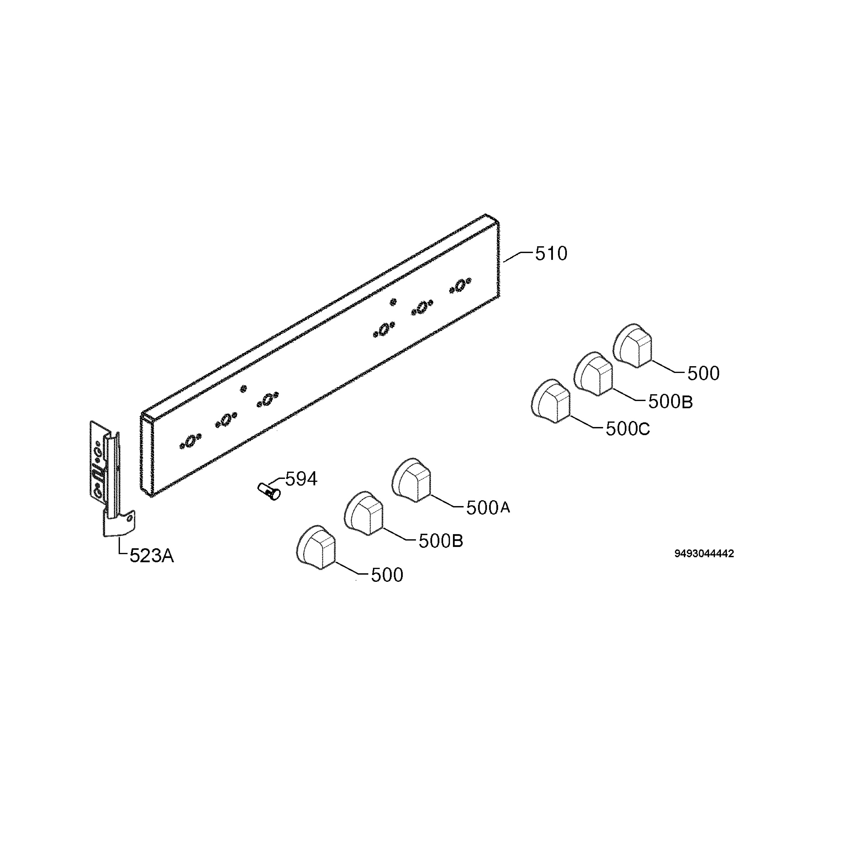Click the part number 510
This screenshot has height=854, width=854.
(x=551, y=254)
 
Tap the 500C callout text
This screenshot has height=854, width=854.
(x=628, y=429)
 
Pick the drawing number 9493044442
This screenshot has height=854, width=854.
(x=704, y=553)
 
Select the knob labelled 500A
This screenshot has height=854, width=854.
(x=412, y=480)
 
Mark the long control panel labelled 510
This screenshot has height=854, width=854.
(x=321, y=356)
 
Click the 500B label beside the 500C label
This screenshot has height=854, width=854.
(x=670, y=402)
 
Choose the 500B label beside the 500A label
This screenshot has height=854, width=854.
(x=441, y=541)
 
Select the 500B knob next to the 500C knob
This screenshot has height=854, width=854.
(x=594, y=374)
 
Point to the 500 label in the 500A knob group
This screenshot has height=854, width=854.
(x=387, y=575)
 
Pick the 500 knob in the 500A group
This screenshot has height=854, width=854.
(x=316, y=547)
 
